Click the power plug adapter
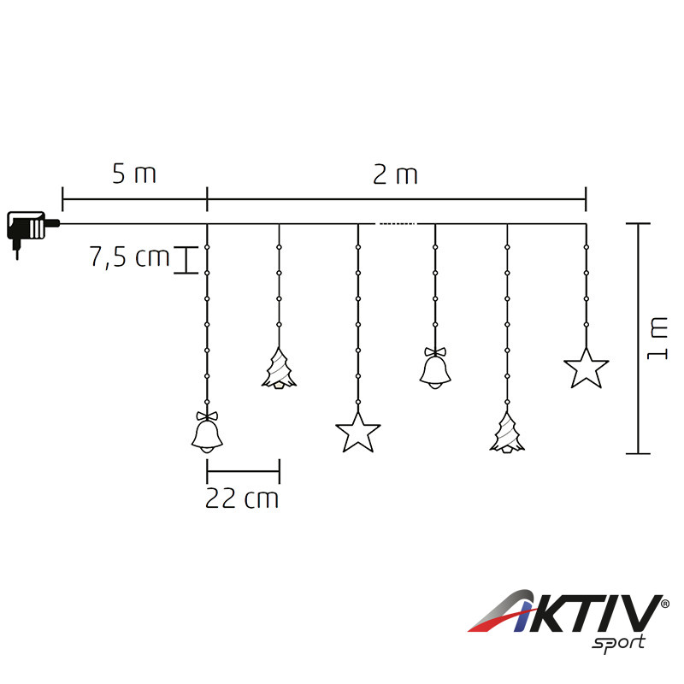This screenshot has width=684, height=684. click(31, 229)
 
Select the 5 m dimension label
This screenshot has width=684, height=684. click(134, 174)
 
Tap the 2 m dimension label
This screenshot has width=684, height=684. click(395, 174)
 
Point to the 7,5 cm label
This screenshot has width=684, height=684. click(130, 256)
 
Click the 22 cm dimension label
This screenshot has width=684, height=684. click(242, 498)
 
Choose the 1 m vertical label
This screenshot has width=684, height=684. click(657, 339)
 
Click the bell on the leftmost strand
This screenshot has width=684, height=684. click(207, 433)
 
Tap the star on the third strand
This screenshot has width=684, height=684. click(358, 433)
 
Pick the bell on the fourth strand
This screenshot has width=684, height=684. click(435, 368)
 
